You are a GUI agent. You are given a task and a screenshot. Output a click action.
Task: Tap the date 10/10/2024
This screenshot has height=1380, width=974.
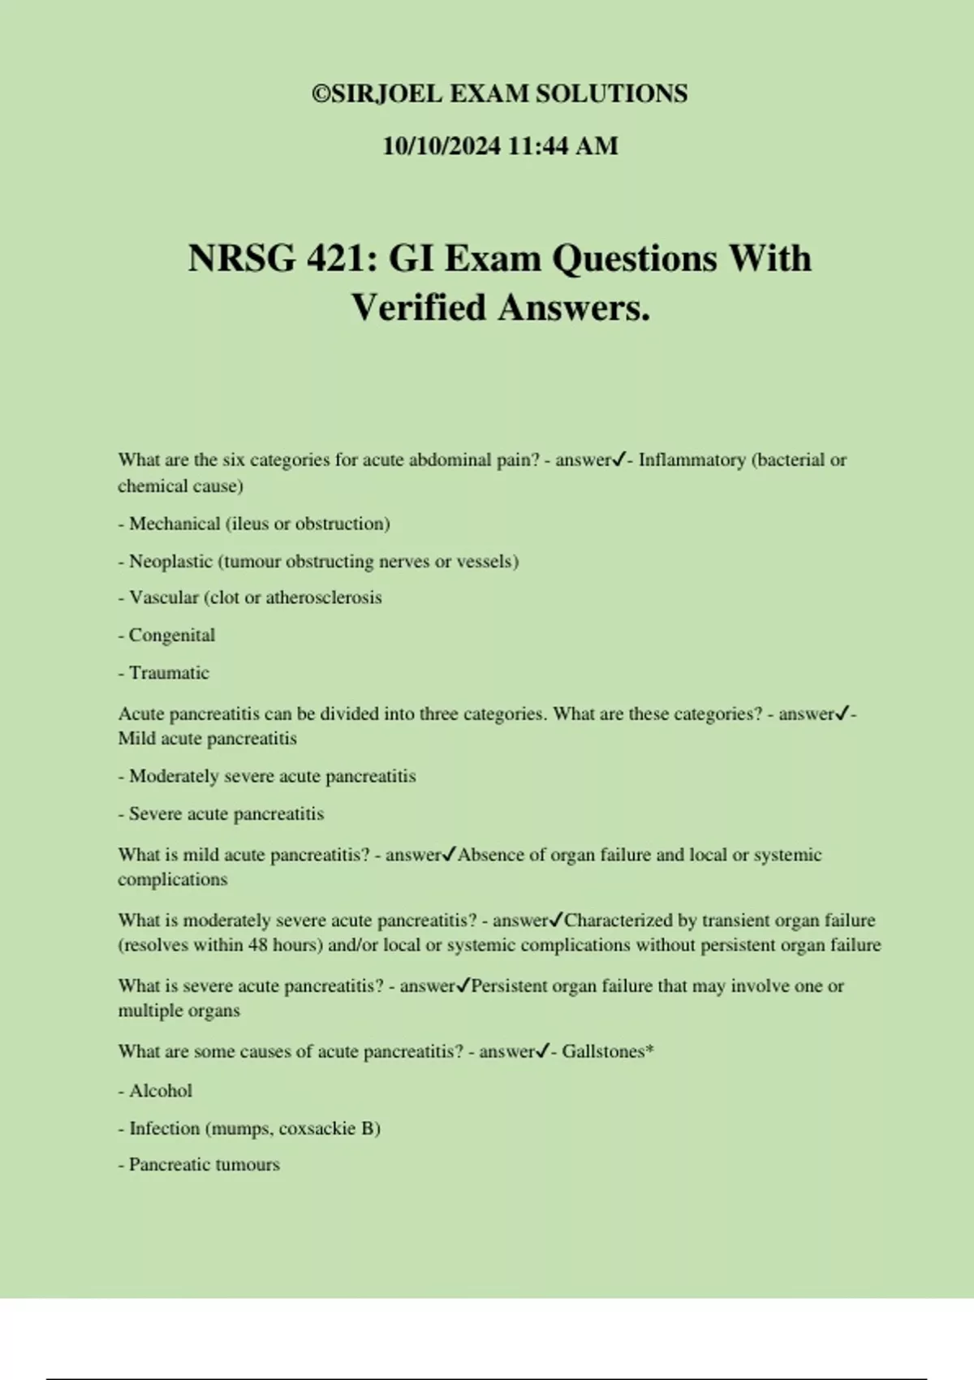pyautogui.click(x=442, y=146)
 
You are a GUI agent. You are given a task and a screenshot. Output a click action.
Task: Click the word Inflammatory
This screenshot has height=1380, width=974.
pyautogui.click(x=692, y=460)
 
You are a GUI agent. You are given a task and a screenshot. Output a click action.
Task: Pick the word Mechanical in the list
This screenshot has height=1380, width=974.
pyautogui.click(x=175, y=524)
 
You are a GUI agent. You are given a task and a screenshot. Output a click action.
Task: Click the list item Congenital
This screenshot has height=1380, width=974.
pyautogui.click(x=171, y=635)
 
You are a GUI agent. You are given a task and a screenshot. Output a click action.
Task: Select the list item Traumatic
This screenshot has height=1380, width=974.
pyautogui.click(x=169, y=672)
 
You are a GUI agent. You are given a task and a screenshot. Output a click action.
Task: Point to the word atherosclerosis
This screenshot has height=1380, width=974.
pyautogui.click(x=324, y=597)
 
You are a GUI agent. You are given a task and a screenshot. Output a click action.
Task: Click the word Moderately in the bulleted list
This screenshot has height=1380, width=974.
pyautogui.click(x=174, y=776)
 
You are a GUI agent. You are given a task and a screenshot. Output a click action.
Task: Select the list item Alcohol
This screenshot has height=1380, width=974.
pyautogui.click(x=161, y=1090)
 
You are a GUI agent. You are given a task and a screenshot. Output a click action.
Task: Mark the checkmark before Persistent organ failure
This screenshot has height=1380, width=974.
pyautogui.click(x=463, y=985)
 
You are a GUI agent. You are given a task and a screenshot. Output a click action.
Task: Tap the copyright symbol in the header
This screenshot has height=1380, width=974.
pyautogui.click(x=321, y=94)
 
